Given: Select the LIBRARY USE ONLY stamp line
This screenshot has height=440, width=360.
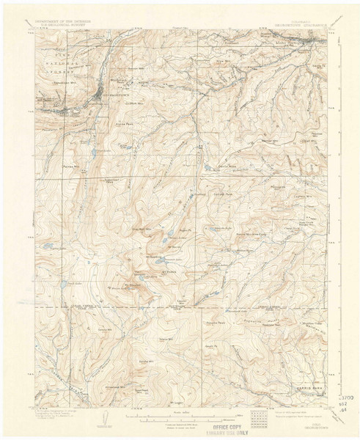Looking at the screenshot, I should (x=229, y=433).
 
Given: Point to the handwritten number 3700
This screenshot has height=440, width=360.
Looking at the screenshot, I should (x=348, y=397).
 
